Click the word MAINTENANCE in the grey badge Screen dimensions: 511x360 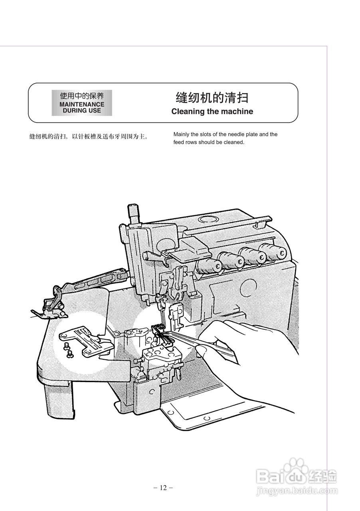pos(82,104)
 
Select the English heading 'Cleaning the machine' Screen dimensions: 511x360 pos(212,112)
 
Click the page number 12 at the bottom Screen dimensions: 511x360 pos(163,487)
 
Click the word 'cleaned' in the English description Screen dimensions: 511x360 pos(234,142)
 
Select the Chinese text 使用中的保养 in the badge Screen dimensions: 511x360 pos(82,96)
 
